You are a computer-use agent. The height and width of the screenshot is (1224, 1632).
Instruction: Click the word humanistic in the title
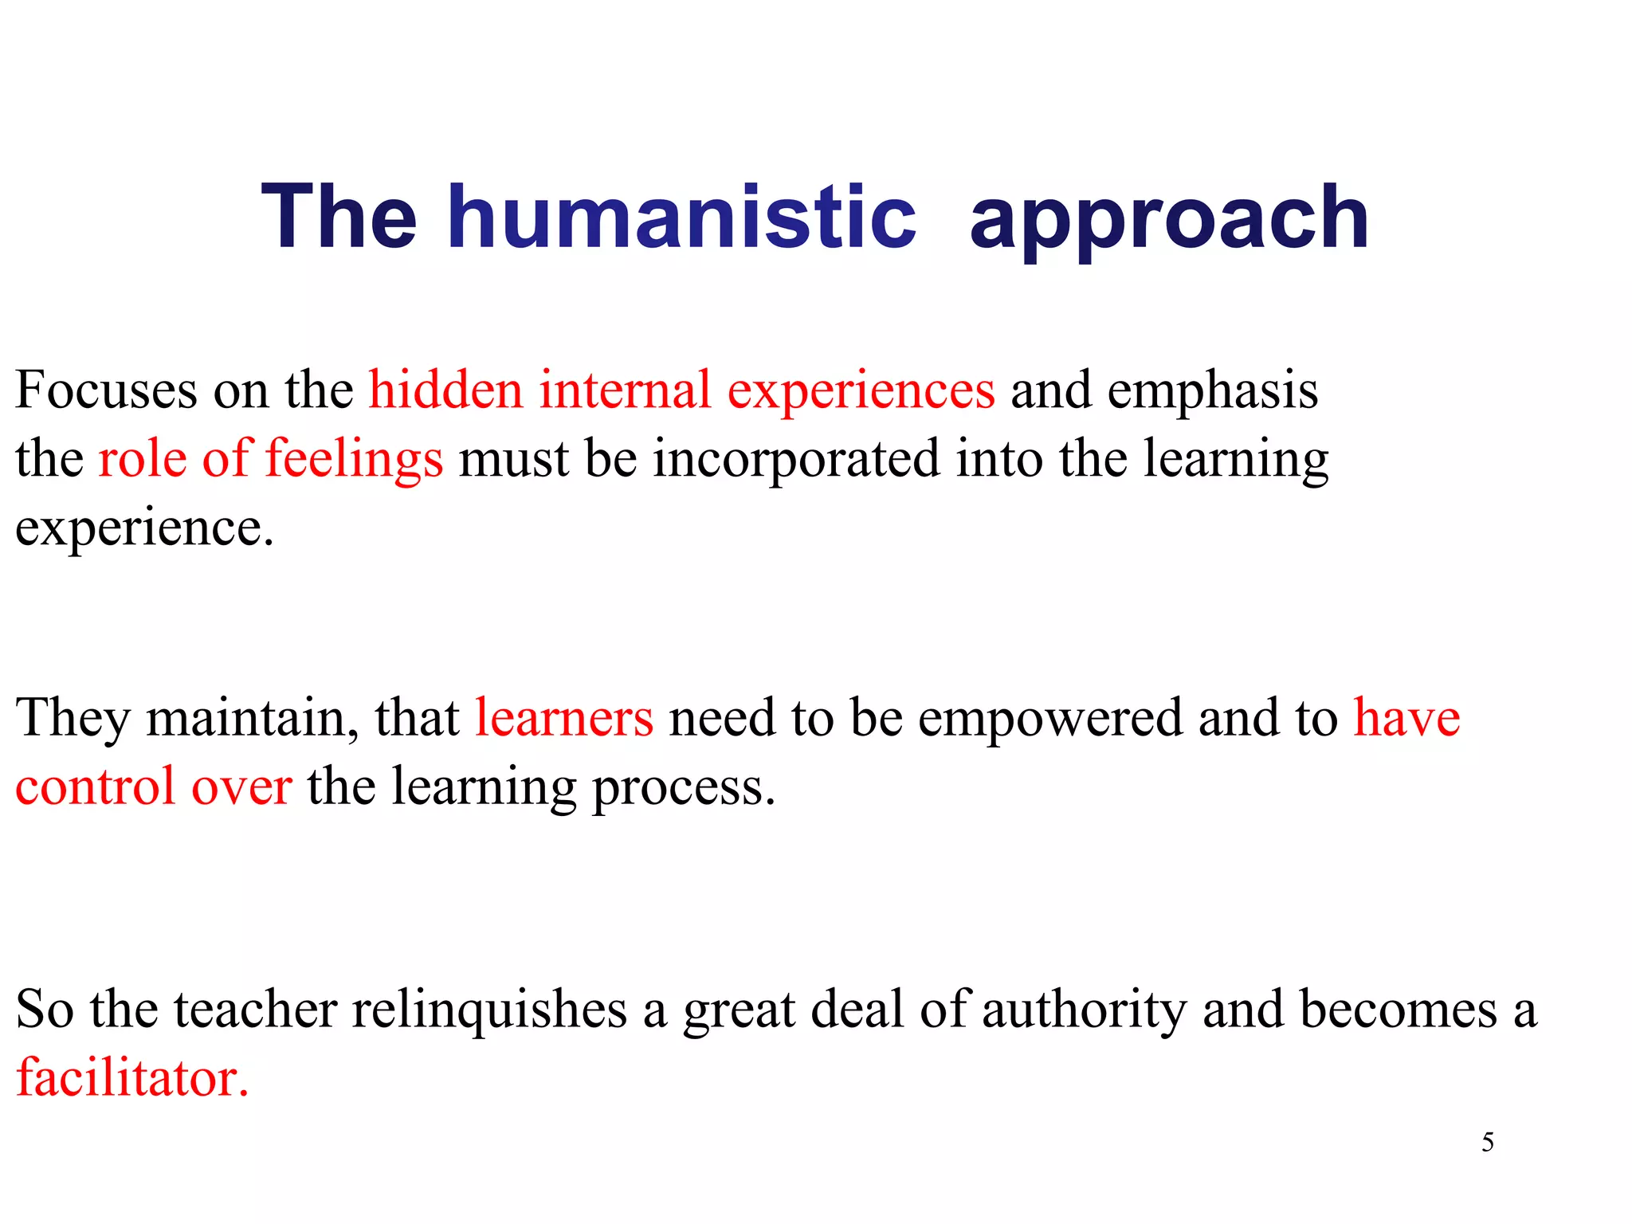tap(681, 217)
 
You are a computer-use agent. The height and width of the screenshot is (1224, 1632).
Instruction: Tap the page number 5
tap(1487, 1143)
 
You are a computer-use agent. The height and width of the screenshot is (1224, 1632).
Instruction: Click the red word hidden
tap(445, 390)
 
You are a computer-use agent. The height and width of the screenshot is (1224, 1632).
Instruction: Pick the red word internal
tap(625, 390)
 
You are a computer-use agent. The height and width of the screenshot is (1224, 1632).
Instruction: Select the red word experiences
tap(861, 392)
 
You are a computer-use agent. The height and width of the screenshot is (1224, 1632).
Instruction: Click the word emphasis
tap(1212, 392)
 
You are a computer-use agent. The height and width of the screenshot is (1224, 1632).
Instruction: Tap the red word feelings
tap(353, 460)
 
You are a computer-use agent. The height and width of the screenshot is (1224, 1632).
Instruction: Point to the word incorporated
tap(796, 460)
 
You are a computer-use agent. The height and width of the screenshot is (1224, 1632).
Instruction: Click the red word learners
tap(564, 718)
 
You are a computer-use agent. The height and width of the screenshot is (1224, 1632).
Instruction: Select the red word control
tap(95, 787)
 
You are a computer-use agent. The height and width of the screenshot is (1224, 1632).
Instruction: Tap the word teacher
tap(255, 1009)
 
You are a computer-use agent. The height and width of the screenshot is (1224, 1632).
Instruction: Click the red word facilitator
tap(132, 1077)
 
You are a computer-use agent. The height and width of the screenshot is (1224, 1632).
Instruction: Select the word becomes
tap(1399, 1009)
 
